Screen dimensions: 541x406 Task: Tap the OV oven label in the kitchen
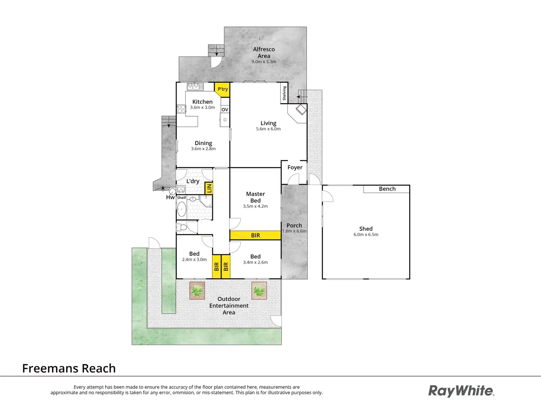pyautogui.click(x=225, y=110)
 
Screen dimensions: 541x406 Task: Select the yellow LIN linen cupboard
pyautogui.click(x=209, y=188)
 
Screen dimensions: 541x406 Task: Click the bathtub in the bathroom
pyautogui.click(x=182, y=209)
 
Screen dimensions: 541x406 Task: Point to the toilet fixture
pyautogui.click(x=182, y=227)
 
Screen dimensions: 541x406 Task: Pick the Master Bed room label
pyautogui.click(x=255, y=197)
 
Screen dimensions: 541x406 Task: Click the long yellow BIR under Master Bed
pyautogui.click(x=255, y=235)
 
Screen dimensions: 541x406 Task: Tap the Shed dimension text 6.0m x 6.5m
pyautogui.click(x=366, y=234)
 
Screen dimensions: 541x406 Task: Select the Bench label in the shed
pyautogui.click(x=387, y=189)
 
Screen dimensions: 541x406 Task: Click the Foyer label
pyautogui.click(x=295, y=167)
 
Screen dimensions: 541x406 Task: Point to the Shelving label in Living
pyautogui.click(x=284, y=93)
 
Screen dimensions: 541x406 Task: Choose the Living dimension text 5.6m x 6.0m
pyautogui.click(x=268, y=129)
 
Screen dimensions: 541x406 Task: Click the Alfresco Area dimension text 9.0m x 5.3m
pyautogui.click(x=264, y=62)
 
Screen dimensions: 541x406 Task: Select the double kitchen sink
pyautogui.click(x=195, y=86)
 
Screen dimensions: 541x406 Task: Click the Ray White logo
pyautogui.click(x=461, y=391)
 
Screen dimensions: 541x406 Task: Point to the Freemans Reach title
pyautogui.click(x=69, y=368)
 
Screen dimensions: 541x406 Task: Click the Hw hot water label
pyautogui.click(x=170, y=197)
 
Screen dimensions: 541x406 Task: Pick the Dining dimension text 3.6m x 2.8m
pyautogui.click(x=203, y=149)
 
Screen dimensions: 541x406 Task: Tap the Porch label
pyautogui.click(x=294, y=225)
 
